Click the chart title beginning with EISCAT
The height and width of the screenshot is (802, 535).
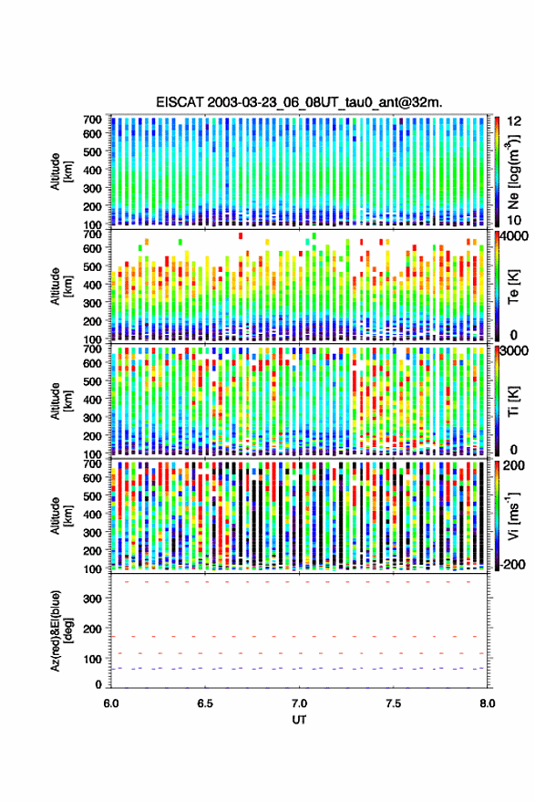[x=299, y=102]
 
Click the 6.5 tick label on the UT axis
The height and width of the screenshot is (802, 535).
[x=205, y=703]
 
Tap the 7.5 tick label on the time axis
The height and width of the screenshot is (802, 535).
[x=393, y=703]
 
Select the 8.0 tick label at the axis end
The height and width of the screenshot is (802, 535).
[x=487, y=703]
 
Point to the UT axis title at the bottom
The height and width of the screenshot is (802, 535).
[x=299, y=720]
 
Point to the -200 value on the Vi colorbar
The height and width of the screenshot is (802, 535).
[x=512, y=564]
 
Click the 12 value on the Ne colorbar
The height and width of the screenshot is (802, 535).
[x=515, y=121]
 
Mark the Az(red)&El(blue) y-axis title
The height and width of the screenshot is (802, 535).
[x=60, y=630]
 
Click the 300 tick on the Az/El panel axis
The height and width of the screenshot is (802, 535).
[x=92, y=599]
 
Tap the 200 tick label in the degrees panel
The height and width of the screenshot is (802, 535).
[x=92, y=629]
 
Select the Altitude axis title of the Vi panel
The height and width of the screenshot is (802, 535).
[x=60, y=516]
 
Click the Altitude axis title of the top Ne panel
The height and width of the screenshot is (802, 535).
[x=60, y=172]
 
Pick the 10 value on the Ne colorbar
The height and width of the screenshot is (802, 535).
[x=515, y=220]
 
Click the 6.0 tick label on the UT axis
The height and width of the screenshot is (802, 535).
[x=111, y=703]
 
